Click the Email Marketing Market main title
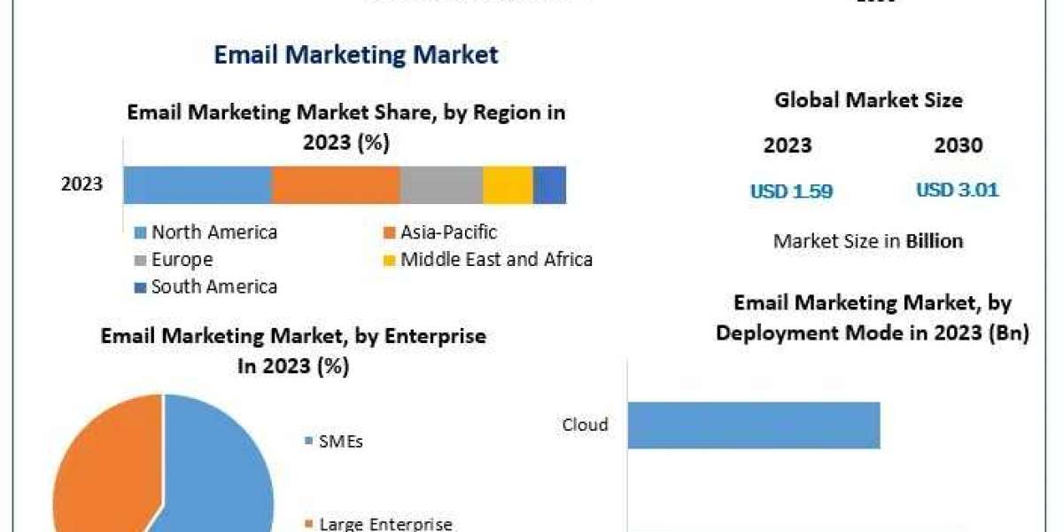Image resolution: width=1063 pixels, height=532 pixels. click(356, 54)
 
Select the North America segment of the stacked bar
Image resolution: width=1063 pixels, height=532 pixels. click(197, 184)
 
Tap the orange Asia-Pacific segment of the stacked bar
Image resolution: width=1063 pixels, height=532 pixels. click(336, 184)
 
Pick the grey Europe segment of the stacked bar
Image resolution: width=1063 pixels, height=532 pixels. click(441, 184)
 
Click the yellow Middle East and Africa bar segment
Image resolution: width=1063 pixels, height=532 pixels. click(508, 184)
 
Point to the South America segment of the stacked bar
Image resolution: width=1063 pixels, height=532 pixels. click(549, 184)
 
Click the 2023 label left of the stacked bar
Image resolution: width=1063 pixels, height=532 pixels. click(81, 184)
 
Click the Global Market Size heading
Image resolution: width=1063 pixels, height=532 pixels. click(868, 100)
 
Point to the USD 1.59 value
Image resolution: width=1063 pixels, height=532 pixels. click(791, 191)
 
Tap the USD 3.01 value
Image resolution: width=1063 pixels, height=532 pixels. click(957, 191)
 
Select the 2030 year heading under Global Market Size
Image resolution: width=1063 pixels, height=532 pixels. click(958, 145)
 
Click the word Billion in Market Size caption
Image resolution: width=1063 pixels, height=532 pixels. click(934, 240)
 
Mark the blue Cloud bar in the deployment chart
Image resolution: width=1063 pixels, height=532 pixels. click(754, 425)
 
